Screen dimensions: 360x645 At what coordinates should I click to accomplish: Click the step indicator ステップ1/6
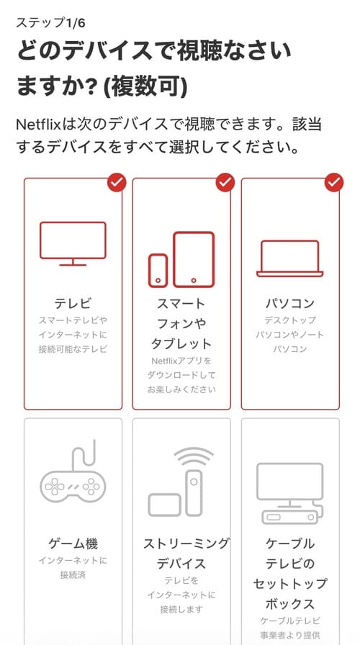(50, 23)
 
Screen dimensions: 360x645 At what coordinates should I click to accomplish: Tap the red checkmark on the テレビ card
(117, 183)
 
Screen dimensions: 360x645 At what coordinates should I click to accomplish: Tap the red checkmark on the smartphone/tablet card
(225, 183)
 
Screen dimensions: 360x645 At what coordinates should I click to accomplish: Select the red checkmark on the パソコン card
(333, 183)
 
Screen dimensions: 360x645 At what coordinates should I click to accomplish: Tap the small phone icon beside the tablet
(158, 271)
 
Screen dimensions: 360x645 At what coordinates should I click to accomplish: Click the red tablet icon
(194, 260)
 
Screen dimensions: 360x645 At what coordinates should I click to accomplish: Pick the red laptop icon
(290, 258)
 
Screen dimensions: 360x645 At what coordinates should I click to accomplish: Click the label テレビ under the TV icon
(73, 304)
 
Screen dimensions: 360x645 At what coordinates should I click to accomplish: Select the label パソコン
(290, 304)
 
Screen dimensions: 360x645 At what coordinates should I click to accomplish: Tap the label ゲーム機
(73, 543)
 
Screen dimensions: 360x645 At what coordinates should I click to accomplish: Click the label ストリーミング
(186, 543)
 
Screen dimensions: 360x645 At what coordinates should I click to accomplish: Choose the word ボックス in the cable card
(290, 604)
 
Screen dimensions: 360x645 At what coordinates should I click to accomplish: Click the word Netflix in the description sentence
(38, 125)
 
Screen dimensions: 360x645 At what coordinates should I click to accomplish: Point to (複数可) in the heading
(145, 87)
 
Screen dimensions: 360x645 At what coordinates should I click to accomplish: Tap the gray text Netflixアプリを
(181, 361)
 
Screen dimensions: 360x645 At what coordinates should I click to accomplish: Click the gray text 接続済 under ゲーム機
(73, 574)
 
